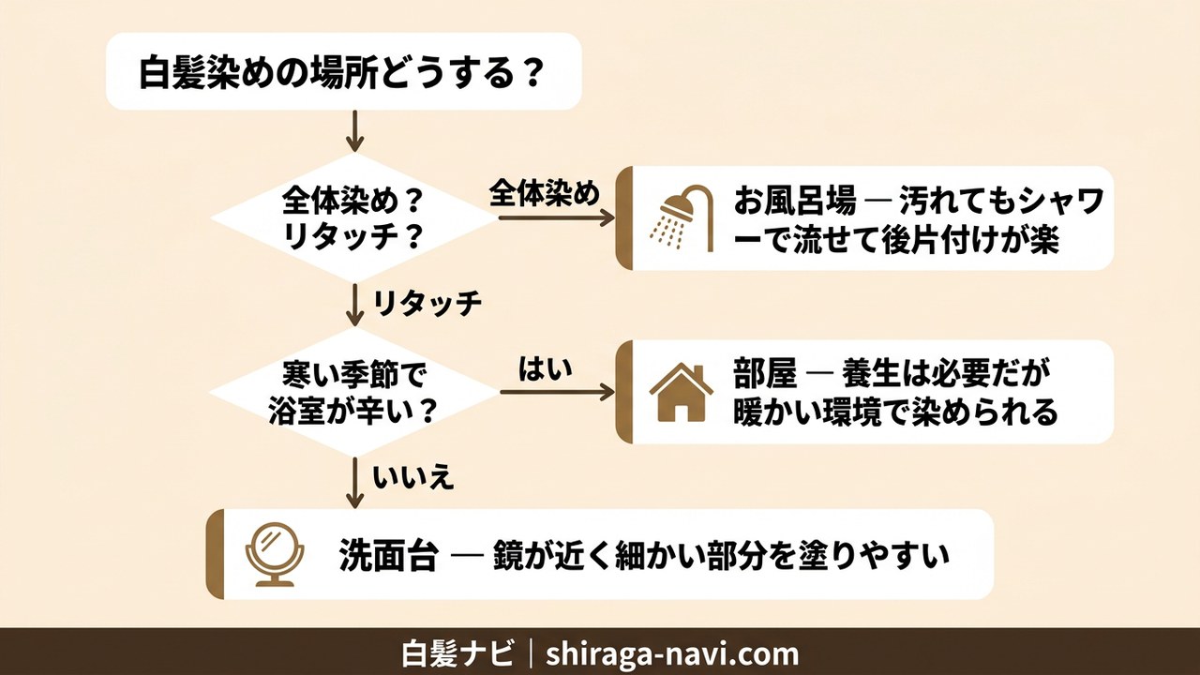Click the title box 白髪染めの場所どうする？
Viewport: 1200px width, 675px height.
[x=344, y=71]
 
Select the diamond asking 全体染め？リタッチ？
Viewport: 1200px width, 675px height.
[x=352, y=217]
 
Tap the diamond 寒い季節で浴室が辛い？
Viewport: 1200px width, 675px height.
[x=352, y=392]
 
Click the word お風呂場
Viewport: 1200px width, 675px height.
[x=795, y=202]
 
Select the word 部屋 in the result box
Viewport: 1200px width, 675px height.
[x=765, y=375]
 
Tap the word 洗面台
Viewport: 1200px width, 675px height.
[x=387, y=555]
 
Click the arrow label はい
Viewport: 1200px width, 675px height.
[x=545, y=369]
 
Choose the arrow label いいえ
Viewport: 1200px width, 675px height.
[x=413, y=478]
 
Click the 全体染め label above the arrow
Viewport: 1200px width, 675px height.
[x=544, y=194]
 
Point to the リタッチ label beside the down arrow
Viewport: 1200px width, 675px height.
[x=427, y=302]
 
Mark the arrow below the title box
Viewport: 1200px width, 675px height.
[x=353, y=131]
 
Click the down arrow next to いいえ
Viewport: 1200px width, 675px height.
[x=353, y=482]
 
